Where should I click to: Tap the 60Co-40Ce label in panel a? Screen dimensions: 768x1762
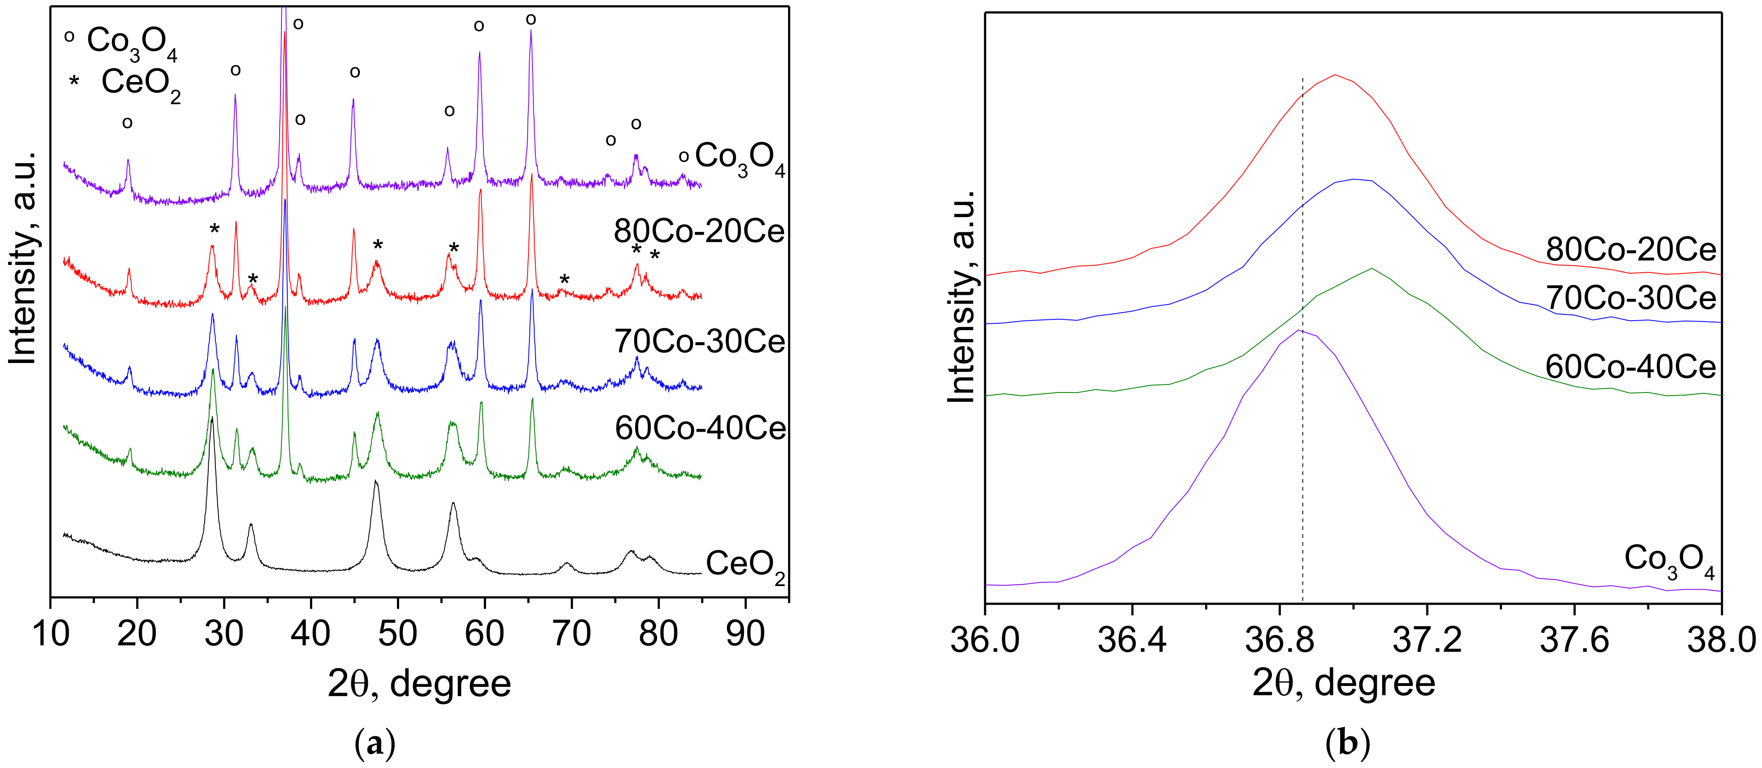700,428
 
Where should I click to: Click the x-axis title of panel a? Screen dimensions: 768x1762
419,683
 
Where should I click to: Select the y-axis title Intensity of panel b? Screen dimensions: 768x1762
961,297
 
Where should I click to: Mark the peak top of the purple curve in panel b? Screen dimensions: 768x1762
1298,330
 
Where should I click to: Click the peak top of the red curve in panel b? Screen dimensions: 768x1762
1334,74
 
